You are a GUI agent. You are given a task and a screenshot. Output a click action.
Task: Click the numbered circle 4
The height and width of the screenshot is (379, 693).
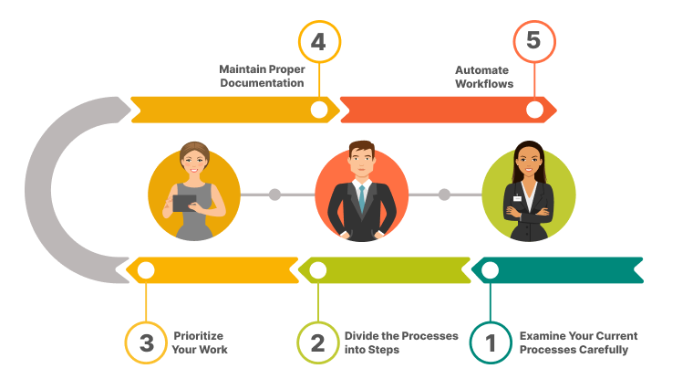[x=319, y=42]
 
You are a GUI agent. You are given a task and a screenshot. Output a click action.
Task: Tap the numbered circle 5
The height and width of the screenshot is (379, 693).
[x=534, y=42]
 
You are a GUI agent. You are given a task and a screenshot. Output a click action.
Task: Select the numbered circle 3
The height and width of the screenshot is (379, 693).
[x=146, y=342]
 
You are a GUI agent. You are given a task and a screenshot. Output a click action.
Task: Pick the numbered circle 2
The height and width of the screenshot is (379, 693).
[x=317, y=342]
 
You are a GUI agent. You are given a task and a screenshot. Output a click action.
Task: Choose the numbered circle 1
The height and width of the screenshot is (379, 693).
[x=491, y=342]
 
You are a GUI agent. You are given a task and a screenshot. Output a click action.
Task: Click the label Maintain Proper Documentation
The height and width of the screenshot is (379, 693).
[x=261, y=76]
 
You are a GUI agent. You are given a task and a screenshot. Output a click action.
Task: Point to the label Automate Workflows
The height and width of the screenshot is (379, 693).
[x=484, y=76]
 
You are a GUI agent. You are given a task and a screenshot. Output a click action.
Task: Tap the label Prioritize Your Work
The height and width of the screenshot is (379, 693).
[x=199, y=342]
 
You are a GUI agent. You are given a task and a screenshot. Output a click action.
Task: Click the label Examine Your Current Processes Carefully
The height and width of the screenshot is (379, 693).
[x=578, y=342]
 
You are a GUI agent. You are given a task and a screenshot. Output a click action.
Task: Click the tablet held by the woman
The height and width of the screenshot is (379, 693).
[x=184, y=203]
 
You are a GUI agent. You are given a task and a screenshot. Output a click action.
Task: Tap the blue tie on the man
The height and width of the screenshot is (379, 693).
[x=361, y=195]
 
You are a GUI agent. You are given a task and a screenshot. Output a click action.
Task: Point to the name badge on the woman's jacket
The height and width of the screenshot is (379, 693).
[x=517, y=197]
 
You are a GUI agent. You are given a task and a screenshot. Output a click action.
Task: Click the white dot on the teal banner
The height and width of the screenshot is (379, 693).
[x=490, y=269]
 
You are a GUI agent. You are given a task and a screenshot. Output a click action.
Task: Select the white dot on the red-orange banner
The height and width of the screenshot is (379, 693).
[x=534, y=110]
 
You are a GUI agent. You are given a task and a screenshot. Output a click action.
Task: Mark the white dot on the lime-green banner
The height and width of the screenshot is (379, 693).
[x=317, y=270]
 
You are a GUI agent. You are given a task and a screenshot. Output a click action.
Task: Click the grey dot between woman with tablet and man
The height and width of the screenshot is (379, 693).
[x=275, y=195]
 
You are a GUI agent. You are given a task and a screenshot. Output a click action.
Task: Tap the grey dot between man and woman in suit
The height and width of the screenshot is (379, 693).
[x=444, y=195]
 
